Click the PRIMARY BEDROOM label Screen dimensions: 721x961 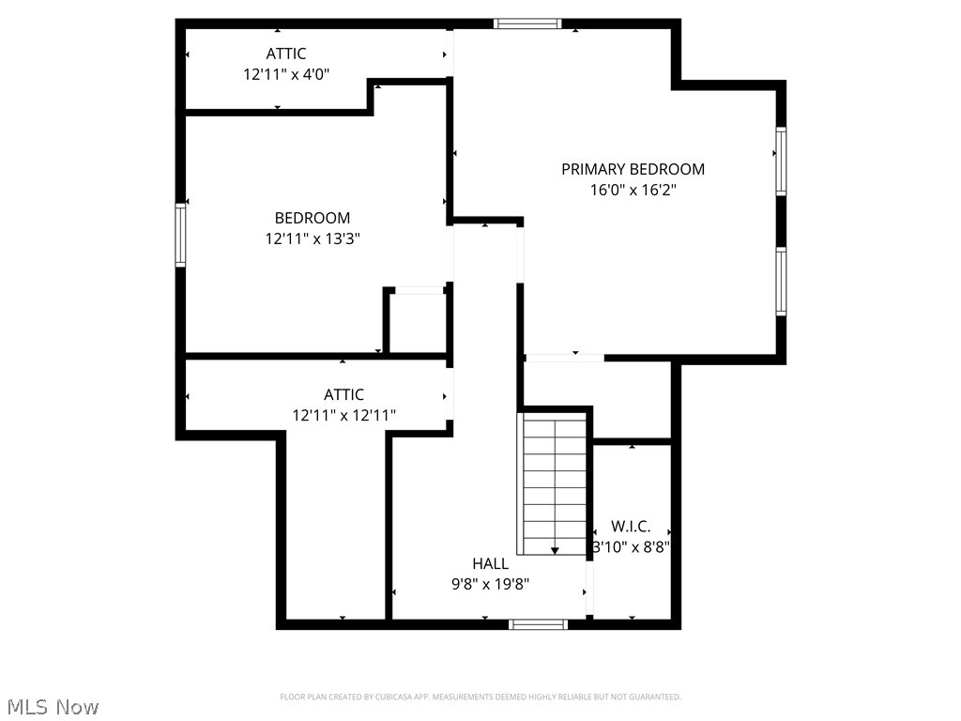[633, 169]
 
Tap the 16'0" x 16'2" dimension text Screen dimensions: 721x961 [633, 190]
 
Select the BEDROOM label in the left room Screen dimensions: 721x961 [313, 218]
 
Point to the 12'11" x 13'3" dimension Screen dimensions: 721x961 [313, 238]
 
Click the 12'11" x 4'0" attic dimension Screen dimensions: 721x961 [286, 73]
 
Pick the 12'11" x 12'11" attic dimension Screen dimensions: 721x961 [343, 415]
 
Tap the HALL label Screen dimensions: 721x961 [490, 563]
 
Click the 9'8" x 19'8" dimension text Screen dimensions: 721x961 [490, 584]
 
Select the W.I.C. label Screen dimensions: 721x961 [631, 527]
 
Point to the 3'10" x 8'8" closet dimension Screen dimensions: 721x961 [631, 546]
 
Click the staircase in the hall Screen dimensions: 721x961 [554, 483]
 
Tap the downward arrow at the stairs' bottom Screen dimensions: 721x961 [555, 550]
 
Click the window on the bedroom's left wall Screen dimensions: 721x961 [180, 237]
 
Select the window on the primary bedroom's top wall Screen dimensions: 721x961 [527, 23]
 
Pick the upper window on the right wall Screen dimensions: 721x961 [781, 161]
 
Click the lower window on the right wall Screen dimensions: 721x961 [781, 281]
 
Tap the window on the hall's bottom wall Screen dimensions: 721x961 [539, 623]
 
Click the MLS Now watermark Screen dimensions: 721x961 [52, 706]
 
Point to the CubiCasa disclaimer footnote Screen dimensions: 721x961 [480, 697]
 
